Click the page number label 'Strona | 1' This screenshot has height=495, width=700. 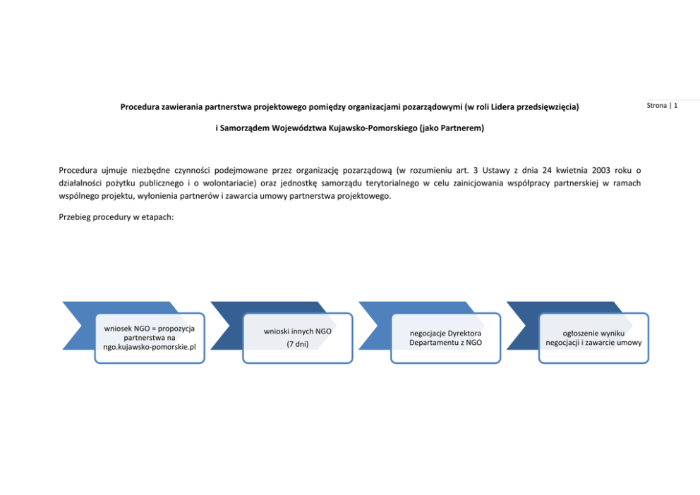tap(662, 106)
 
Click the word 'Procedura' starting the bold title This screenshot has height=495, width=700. tap(140, 107)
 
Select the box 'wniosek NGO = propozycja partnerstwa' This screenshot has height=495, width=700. tap(150, 338)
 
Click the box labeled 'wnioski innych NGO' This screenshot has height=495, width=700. tap(297, 338)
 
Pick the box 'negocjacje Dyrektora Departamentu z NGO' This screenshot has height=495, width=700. tap(445, 338)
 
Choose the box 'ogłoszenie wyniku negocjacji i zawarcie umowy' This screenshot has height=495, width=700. tap(593, 338)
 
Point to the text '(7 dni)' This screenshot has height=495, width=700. tap(298, 344)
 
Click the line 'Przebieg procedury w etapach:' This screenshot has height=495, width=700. tap(116, 216)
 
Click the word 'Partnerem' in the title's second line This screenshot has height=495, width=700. tap(461, 130)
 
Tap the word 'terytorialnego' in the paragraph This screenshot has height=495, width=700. tap(387, 183)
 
